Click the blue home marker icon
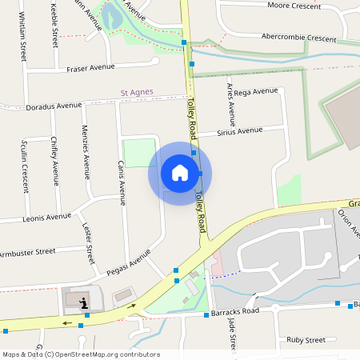pos(180,172)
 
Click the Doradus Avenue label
pos(54,106)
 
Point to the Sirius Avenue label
pos(240,130)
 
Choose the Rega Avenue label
pos(255,93)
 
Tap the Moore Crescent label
pos(295,6)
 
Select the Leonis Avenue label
pos(47,216)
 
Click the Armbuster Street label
pos(27,252)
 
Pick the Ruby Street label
pos(306,339)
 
